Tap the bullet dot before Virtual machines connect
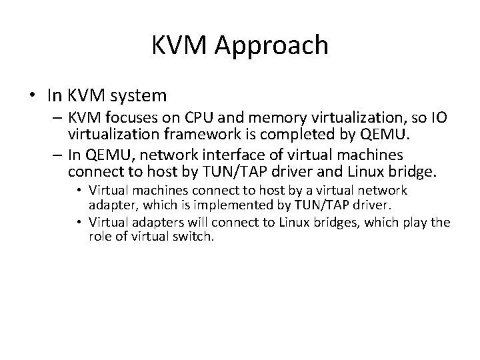tap(82, 191)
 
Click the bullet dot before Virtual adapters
tap(82, 223)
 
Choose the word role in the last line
tap(101, 235)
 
